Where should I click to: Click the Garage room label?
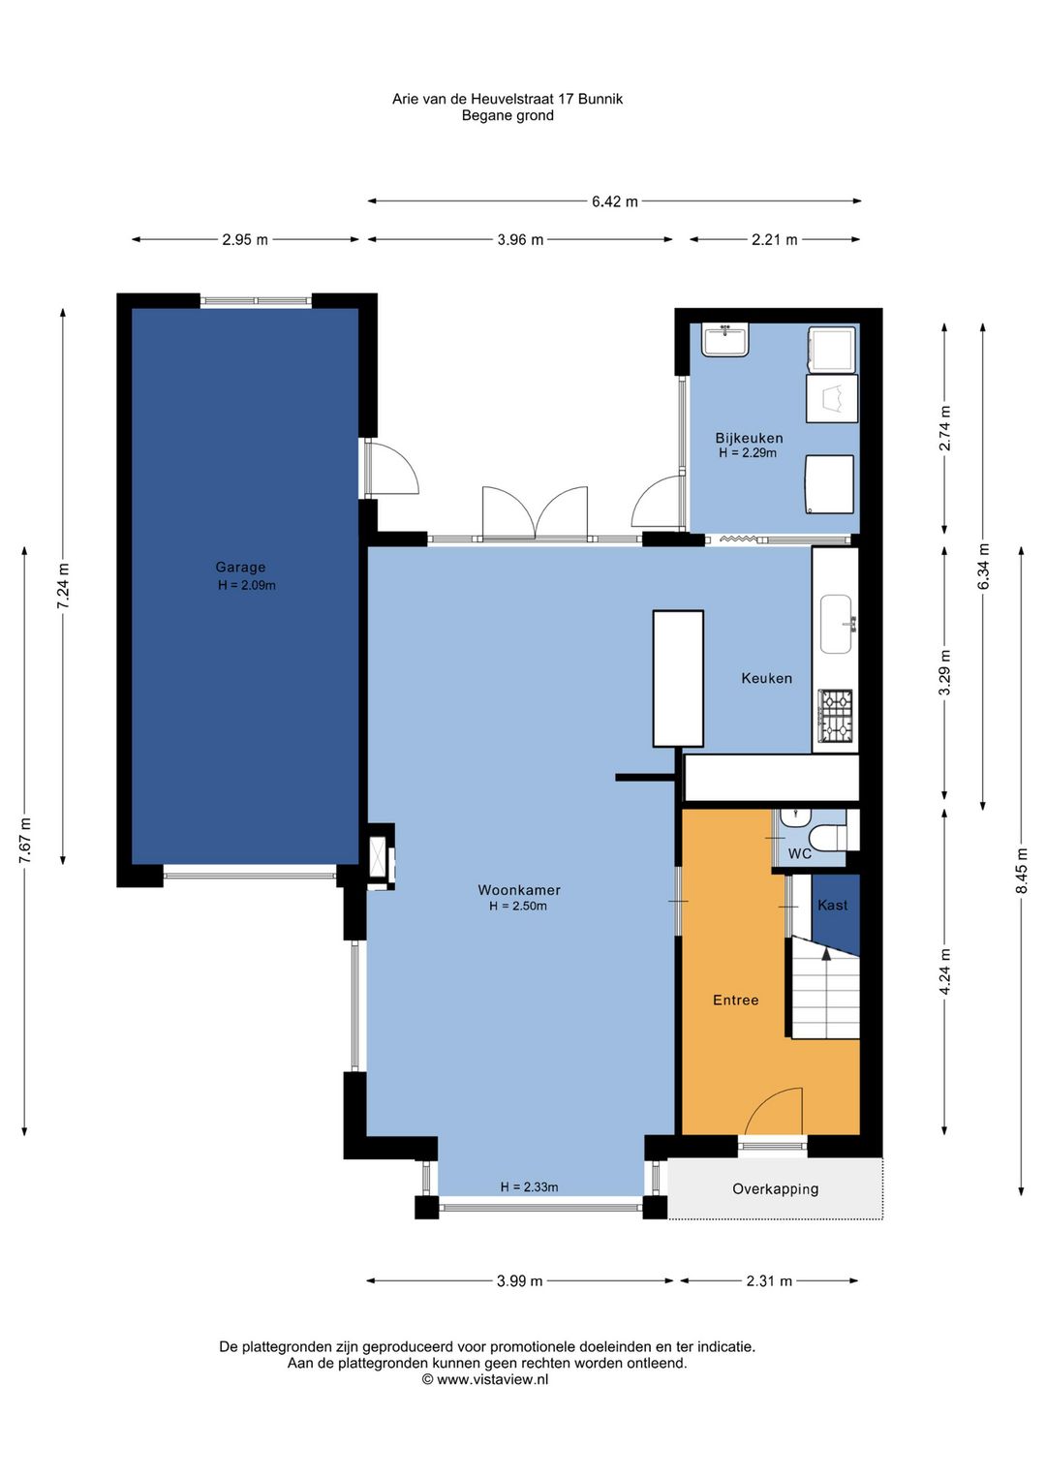(240, 567)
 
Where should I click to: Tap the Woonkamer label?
(519, 889)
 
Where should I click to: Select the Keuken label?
(766, 678)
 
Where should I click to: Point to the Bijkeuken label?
(749, 438)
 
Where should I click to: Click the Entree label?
(735, 1000)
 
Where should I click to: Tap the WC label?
(800, 854)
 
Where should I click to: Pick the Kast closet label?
(832, 905)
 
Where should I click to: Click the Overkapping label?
(775, 1189)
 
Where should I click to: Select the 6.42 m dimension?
(614, 201)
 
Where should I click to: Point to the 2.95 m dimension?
(245, 239)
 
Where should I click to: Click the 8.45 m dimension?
(1021, 870)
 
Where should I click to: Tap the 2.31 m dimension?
(769, 1280)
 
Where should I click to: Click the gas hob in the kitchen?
(836, 715)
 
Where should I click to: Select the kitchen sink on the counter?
(837, 624)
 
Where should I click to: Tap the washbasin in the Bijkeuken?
(724, 340)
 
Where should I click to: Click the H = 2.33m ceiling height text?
(529, 1187)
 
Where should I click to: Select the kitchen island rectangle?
(678, 678)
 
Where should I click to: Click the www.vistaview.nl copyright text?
(485, 1379)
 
